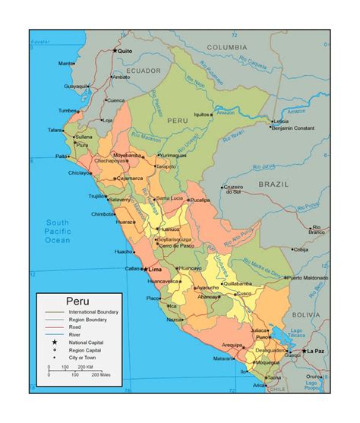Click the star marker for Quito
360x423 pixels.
tap(115, 51)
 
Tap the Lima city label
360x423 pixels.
tap(155, 270)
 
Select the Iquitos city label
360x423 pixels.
tap(202, 115)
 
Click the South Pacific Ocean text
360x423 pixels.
tap(56, 230)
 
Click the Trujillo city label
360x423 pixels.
tap(97, 196)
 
